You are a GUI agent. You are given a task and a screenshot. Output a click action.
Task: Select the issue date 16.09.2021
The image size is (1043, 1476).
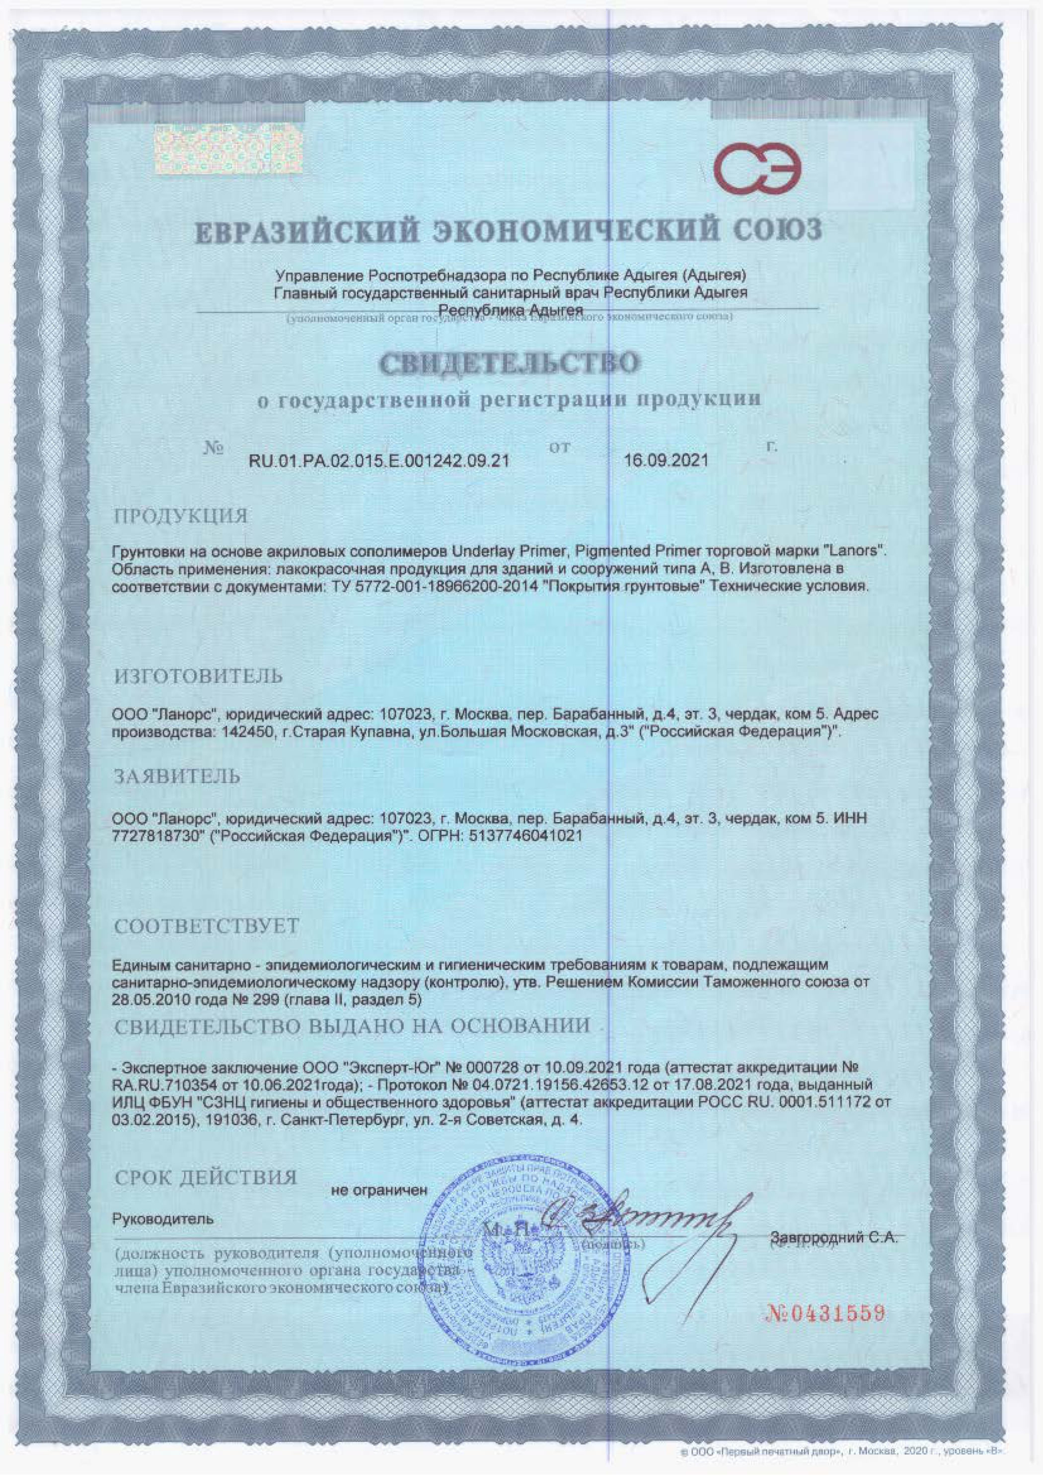click(666, 460)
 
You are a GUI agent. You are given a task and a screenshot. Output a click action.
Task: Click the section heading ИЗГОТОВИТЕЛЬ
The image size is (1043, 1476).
click(198, 676)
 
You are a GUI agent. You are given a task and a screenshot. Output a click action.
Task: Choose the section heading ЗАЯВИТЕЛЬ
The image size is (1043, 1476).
click(177, 777)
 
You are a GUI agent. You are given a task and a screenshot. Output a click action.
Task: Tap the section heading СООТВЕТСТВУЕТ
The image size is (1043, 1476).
click(206, 926)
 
